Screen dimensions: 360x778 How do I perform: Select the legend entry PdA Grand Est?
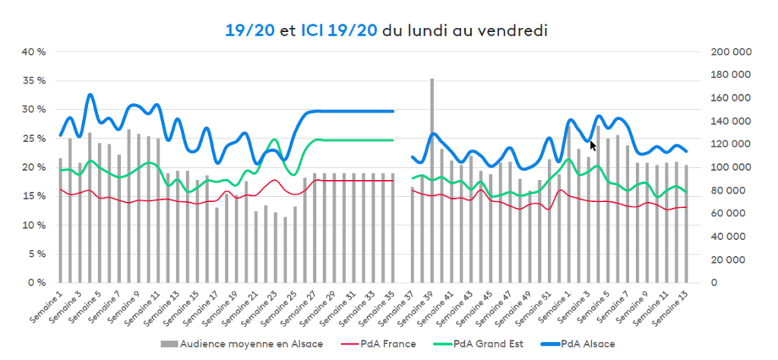(x=483, y=344)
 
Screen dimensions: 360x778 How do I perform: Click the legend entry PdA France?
(x=387, y=344)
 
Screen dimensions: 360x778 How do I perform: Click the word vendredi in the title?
(x=516, y=30)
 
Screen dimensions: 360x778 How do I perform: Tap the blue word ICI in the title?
(x=313, y=30)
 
